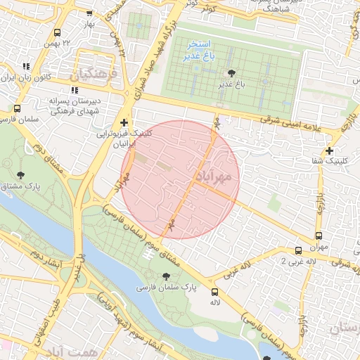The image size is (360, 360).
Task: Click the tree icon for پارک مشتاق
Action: [x=20, y=174]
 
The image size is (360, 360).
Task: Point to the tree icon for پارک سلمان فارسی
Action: [x=167, y=276]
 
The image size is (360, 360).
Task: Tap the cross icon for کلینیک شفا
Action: [x=329, y=150]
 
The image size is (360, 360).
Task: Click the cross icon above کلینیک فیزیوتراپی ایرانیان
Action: [x=124, y=122]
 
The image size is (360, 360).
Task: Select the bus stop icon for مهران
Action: [x=319, y=236]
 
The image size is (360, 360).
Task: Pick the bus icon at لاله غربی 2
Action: [x=299, y=250]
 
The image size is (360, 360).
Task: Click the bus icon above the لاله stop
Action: [x=215, y=291]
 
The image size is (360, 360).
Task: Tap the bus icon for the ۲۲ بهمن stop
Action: [x=56, y=33]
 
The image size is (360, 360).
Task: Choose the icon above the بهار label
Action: [x=89, y=13]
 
